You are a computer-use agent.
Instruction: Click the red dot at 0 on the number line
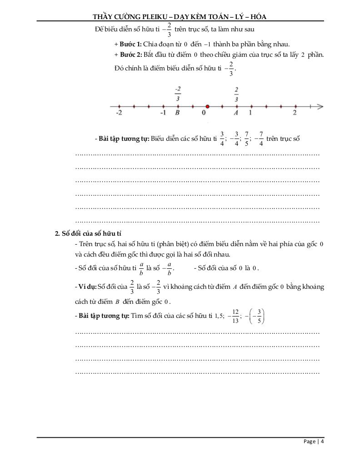pyautogui.click(x=207, y=107)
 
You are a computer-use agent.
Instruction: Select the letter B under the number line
pyautogui.click(x=177, y=113)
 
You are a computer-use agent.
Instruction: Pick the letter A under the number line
pyautogui.click(x=235, y=113)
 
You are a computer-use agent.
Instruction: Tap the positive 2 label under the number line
pyautogui.click(x=295, y=113)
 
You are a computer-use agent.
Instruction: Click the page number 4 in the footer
pyautogui.click(x=322, y=441)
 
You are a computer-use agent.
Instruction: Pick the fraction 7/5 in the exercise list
pyautogui.click(x=247, y=138)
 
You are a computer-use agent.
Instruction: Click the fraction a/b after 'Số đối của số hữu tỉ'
pyautogui.click(x=141, y=268)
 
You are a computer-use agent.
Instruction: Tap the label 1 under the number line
pyautogui.click(x=250, y=113)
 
